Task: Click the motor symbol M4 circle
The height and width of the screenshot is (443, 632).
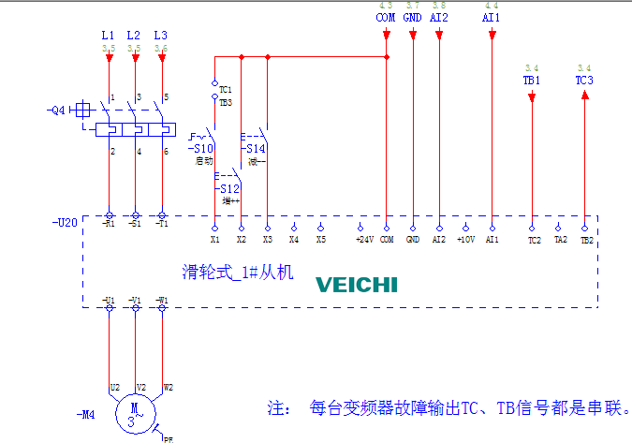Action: click(135, 412)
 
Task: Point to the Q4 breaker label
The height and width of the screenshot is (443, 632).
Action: click(57, 110)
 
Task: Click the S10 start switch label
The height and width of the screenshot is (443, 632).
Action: click(201, 149)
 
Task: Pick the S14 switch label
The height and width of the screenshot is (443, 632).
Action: click(255, 149)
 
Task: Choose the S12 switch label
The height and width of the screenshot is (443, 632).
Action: click(228, 188)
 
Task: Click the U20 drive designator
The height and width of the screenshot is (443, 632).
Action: click(66, 224)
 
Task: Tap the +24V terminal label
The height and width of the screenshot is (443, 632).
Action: click(364, 240)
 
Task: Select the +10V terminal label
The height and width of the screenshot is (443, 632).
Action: click(465, 240)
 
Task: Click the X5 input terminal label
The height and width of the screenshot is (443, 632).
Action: click(320, 240)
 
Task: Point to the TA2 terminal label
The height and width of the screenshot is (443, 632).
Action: click(560, 240)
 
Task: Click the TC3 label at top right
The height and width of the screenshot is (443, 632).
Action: click(584, 81)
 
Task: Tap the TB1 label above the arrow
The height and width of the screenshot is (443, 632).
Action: click(532, 81)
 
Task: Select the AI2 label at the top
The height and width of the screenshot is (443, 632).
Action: click(440, 18)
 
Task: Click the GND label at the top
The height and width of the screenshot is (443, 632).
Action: click(412, 18)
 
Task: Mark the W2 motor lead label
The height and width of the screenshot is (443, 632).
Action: click(169, 386)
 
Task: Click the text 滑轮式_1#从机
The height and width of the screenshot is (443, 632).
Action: click(238, 273)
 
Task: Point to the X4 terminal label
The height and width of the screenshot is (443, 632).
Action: click(294, 240)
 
